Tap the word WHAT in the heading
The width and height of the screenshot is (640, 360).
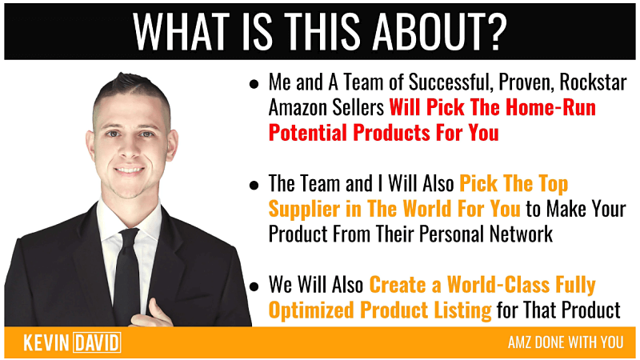click(181, 31)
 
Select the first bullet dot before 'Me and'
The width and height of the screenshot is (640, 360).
click(254, 85)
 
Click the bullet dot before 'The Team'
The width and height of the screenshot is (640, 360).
click(254, 186)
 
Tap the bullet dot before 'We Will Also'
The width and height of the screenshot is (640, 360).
click(254, 286)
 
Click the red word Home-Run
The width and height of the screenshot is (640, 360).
click(550, 108)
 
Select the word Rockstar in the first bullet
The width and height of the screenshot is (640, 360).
click(593, 82)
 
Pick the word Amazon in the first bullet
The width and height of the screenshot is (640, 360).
click(297, 108)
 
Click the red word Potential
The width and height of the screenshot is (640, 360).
click(308, 133)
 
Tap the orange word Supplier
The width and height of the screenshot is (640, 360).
click(304, 210)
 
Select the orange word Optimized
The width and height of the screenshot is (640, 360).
click(311, 310)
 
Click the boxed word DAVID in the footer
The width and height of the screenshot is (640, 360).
click(97, 343)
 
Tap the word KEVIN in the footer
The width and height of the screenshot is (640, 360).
click(46, 343)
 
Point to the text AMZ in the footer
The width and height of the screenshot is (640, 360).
click(519, 342)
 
